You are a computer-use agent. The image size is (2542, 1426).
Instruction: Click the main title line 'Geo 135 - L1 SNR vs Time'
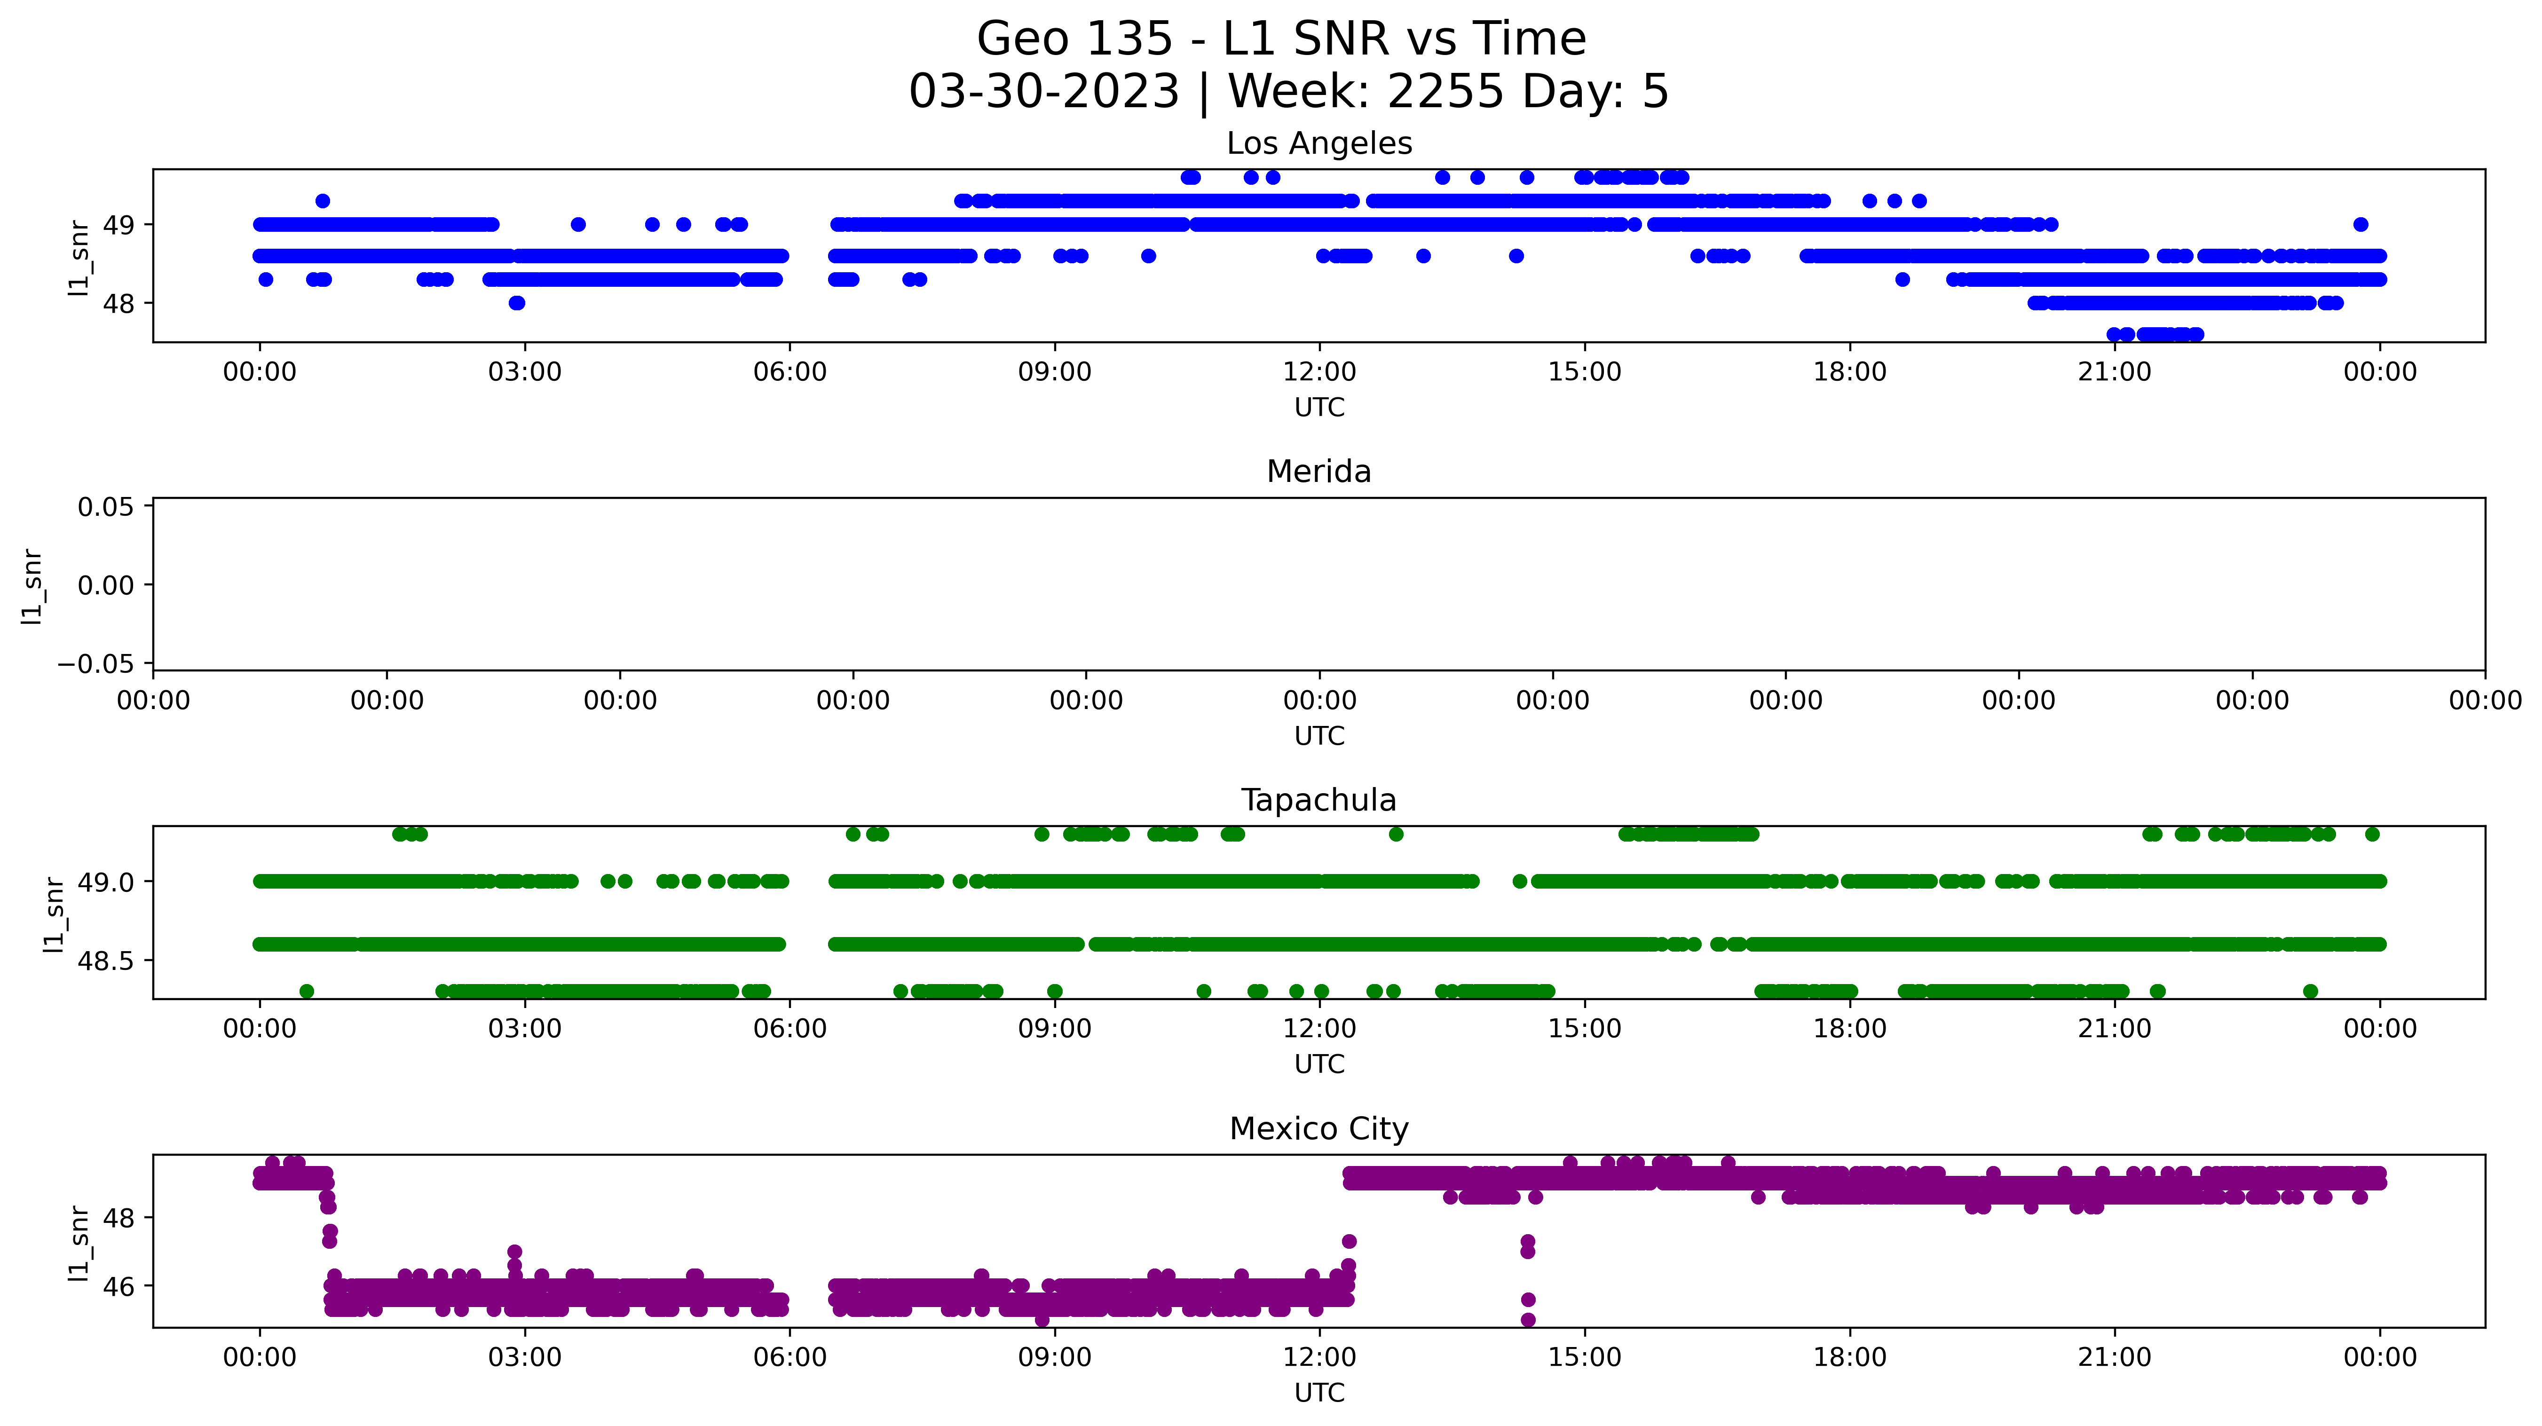click(1281, 39)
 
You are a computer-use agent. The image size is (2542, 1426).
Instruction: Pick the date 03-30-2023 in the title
click(1044, 92)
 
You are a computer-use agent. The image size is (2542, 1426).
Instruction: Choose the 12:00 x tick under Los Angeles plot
click(1319, 372)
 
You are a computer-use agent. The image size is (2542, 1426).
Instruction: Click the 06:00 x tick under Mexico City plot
click(789, 1358)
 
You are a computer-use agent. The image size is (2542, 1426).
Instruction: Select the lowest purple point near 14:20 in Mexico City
click(1528, 1319)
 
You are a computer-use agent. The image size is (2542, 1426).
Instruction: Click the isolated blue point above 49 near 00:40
click(323, 201)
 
